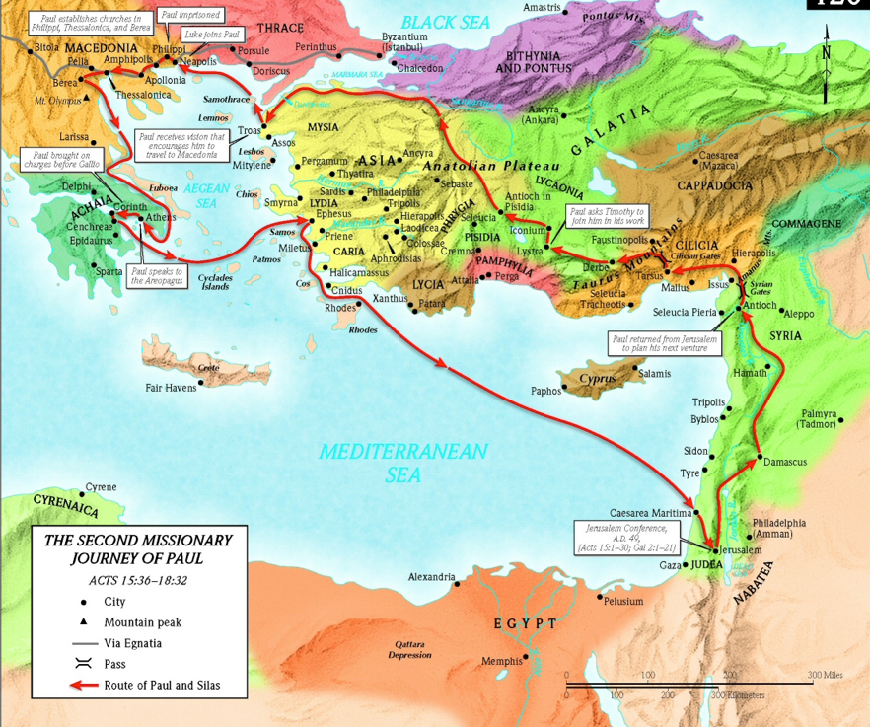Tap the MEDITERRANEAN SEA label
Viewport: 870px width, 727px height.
(402, 463)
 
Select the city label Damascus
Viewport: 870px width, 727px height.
(785, 462)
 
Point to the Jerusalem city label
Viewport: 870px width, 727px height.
(743, 549)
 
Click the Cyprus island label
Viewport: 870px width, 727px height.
(598, 379)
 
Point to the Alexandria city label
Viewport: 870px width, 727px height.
(432, 577)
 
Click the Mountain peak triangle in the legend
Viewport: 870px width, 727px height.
(84, 621)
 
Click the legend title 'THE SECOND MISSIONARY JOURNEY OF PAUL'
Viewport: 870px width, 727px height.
(138, 549)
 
